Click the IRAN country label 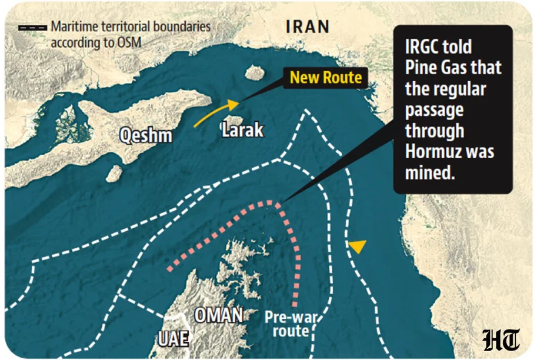tap(307, 26)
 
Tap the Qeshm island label tap(146, 135)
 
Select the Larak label tap(242, 129)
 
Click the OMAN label tap(218, 316)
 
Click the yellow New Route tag tap(326, 78)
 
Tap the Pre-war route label tap(291, 324)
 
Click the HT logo tap(501, 340)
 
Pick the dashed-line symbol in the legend tap(32, 27)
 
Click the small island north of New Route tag tap(255, 73)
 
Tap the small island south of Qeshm tap(114, 174)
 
